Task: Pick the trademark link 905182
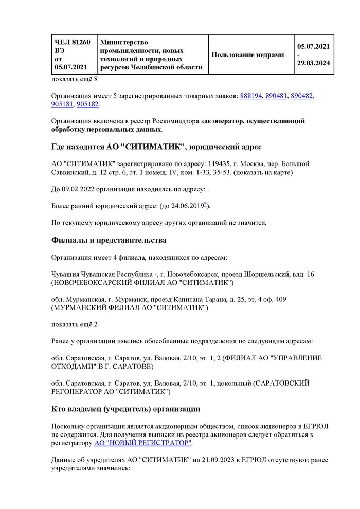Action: (87, 104)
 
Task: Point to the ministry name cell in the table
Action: (152, 54)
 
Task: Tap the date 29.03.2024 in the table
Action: (313, 63)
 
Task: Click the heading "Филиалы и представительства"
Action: (109, 240)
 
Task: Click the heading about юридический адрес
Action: (156, 147)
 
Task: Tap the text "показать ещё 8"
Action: (75, 79)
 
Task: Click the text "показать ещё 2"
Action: (75, 325)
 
